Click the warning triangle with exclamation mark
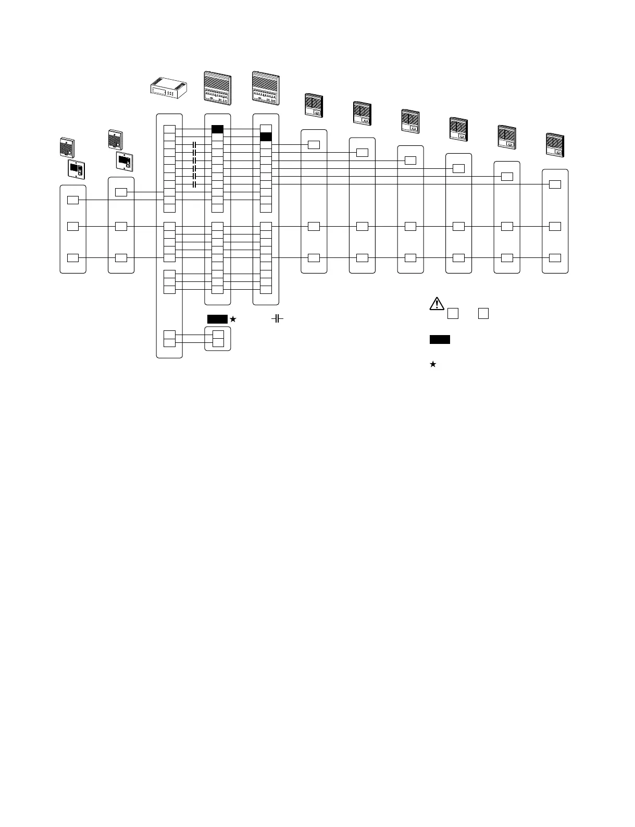[437, 303]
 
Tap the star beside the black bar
[233, 319]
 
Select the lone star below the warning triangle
[432, 364]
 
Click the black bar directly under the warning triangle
[440, 340]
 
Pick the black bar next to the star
[217, 319]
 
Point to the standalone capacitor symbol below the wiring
[277, 318]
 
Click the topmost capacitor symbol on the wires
[194, 144]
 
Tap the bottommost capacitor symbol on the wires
[194, 184]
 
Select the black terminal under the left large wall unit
[217, 129]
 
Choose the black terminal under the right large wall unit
[266, 137]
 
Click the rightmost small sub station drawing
[555, 145]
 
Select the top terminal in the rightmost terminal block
[555, 184]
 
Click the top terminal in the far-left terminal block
[73, 200]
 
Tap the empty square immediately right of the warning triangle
[453, 313]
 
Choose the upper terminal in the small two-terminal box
[218, 335]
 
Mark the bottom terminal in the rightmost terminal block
[555, 258]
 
